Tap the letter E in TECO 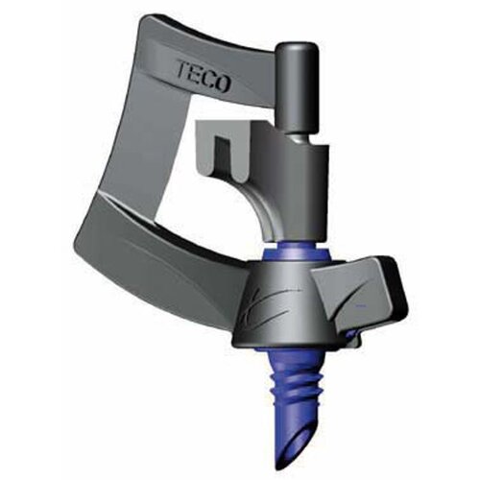pyautogui.click(x=196, y=75)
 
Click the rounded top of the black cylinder pyautogui.click(x=298, y=49)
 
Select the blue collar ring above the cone pyautogui.click(x=295, y=252)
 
